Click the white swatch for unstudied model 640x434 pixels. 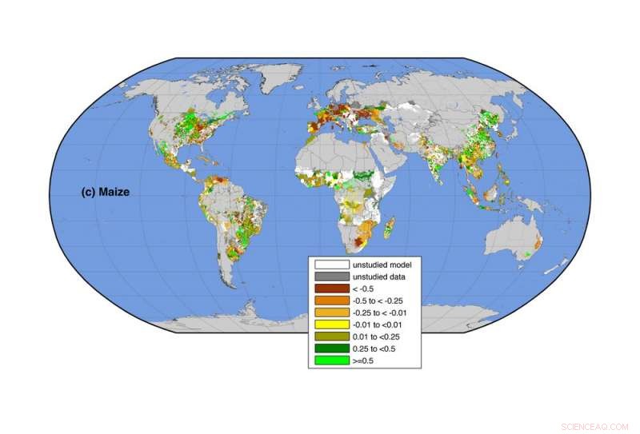[331, 264]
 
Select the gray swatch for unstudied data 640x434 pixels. [331, 276]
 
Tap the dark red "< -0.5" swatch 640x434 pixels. [331, 288]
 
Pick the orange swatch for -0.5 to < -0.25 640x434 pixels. [331, 300]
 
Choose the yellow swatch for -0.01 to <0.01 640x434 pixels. [331, 325]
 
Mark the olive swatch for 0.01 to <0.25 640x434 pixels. [331, 336]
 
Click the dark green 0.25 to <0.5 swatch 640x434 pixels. [331, 348]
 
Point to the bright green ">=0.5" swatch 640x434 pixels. [331, 360]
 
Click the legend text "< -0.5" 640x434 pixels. [365, 288]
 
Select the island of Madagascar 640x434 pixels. [390, 230]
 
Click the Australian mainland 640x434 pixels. [512, 236]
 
